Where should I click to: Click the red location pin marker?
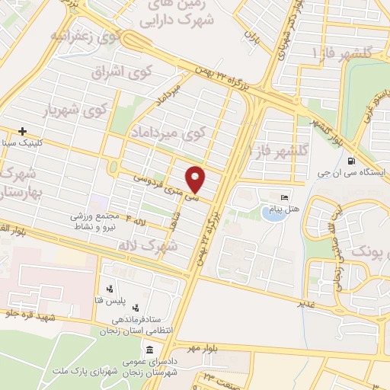point(197,180)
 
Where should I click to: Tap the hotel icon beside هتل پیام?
point(286,197)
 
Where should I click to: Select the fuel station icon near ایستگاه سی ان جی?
point(350,161)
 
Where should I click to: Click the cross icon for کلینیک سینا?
point(24,131)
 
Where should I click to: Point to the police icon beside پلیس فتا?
point(110,289)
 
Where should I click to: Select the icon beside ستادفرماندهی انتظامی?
point(136,308)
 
